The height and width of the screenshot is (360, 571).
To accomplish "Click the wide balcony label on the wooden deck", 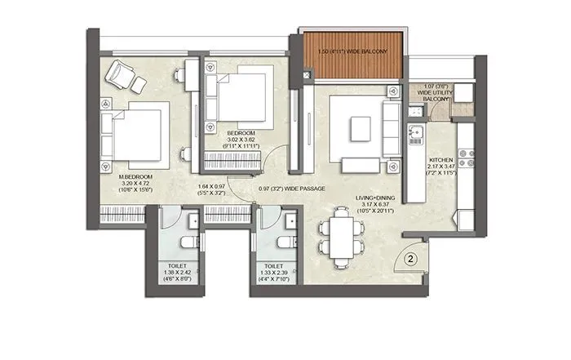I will [x=352, y=54].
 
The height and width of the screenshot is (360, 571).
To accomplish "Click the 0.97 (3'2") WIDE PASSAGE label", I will [x=291, y=189].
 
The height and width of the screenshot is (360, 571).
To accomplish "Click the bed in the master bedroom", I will [x=134, y=134].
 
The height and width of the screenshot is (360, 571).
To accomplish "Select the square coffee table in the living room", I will [x=361, y=127].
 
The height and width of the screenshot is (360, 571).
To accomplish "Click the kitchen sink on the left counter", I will [x=414, y=132].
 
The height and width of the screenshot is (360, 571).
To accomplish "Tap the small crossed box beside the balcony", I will [x=306, y=76].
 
